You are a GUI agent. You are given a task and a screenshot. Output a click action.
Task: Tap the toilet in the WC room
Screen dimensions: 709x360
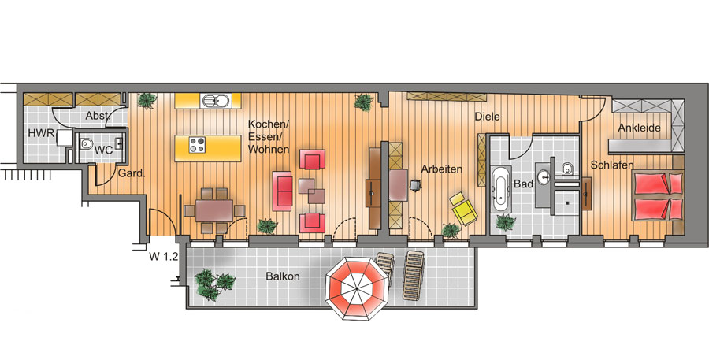[85, 144]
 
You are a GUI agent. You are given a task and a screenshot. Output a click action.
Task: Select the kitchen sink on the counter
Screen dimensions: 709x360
[215, 100]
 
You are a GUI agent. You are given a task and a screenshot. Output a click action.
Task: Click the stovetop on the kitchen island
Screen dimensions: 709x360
[197, 145]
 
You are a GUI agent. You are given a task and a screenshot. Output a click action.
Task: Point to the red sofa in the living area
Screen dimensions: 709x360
[282, 191]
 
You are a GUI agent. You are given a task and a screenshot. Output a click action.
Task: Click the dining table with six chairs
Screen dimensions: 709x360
[214, 210]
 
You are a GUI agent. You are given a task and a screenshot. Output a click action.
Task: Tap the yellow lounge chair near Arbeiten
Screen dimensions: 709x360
[463, 209]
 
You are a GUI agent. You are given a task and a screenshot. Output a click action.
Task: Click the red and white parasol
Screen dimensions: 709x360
[356, 288]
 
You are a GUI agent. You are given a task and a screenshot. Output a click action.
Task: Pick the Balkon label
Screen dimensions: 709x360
[283, 276]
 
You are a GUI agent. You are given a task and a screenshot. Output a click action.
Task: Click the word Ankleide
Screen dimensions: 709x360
[640, 128]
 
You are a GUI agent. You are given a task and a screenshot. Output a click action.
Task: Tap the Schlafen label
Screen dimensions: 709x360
[612, 165]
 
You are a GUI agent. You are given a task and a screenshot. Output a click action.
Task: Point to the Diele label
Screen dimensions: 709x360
[487, 117]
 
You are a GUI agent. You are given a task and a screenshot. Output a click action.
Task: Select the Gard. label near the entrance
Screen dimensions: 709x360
[132, 173]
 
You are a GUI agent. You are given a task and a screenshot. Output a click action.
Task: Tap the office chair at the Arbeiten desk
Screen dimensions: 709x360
[415, 184]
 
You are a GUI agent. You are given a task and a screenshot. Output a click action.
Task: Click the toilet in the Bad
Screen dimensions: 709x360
[566, 169]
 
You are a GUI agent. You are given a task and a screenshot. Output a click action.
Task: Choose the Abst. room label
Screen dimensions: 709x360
[97, 116]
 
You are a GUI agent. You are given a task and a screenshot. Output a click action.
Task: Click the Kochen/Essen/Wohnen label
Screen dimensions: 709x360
[269, 136]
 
